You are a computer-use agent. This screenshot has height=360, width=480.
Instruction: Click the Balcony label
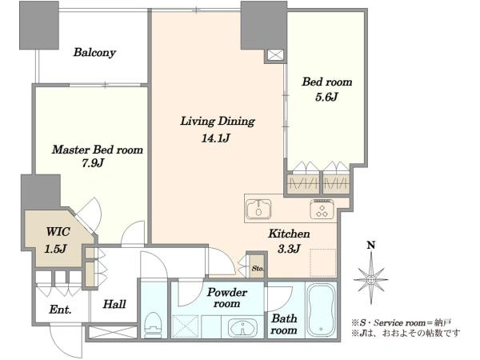tap(94, 52)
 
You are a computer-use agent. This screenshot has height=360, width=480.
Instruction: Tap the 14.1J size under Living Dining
tap(215, 138)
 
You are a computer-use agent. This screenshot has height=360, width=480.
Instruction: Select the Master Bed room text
tap(98, 150)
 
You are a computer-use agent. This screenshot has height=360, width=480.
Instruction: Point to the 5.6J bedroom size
tap(326, 97)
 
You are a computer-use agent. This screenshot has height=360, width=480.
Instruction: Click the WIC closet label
tap(58, 232)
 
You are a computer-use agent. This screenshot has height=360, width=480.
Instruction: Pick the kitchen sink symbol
tap(258, 210)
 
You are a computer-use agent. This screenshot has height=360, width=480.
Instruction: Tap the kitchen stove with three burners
tap(322, 210)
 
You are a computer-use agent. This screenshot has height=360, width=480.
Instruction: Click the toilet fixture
tap(153, 325)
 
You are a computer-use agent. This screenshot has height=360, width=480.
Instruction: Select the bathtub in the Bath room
tap(321, 310)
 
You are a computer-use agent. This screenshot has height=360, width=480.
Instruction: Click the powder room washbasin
tap(243, 327)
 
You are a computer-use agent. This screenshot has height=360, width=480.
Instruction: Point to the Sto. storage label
tap(258, 269)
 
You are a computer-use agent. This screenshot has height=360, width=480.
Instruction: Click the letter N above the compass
tap(371, 245)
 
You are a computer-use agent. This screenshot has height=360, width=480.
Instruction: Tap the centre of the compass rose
tap(371, 279)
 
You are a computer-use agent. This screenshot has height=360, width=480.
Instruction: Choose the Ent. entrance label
tap(60, 310)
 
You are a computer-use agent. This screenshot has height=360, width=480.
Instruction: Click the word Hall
tap(114, 304)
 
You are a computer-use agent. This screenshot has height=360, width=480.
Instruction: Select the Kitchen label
tap(289, 234)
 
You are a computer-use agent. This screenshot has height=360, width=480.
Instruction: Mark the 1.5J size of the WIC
tap(55, 249)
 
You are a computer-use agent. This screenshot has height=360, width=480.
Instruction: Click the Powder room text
tap(227, 298)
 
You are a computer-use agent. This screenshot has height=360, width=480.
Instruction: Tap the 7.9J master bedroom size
tap(93, 163)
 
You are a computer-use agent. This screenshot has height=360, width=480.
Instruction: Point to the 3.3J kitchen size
tap(289, 249)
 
